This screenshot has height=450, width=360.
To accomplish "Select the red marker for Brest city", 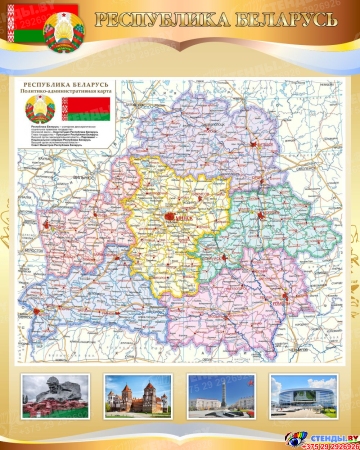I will point(38,312).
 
